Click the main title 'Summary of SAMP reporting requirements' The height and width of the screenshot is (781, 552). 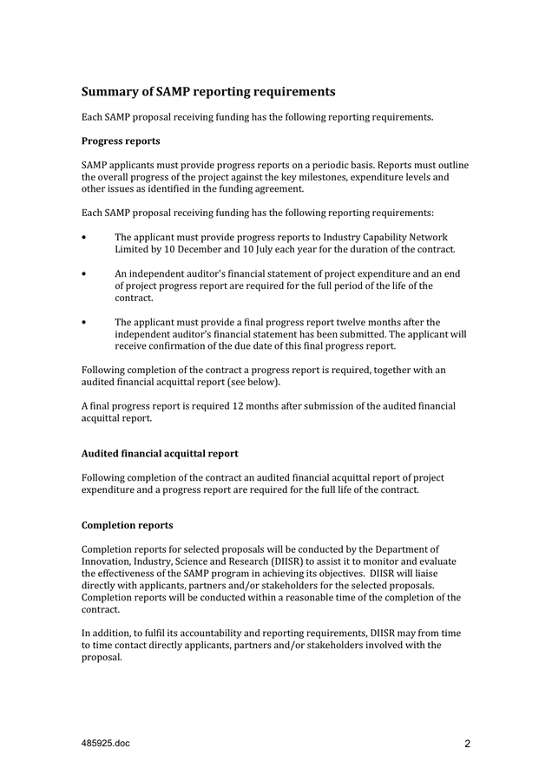[207, 91]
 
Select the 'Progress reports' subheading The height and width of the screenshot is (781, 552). [121, 141]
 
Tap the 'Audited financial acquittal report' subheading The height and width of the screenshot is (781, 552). [160, 453]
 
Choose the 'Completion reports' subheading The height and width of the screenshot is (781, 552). [127, 525]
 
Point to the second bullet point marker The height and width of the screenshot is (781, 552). [83, 274]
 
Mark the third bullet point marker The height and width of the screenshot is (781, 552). [83, 323]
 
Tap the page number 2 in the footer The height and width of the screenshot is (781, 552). [467, 744]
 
